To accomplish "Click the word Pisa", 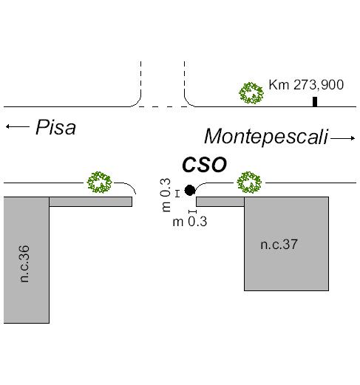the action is [x=55, y=127].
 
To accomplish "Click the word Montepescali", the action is [x=266, y=137].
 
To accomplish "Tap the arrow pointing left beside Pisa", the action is [x=18, y=126].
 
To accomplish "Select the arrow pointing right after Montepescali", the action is [x=342, y=138].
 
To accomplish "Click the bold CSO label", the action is [x=204, y=165].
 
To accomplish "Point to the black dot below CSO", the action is [x=190, y=190].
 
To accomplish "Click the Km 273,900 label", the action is [x=306, y=85].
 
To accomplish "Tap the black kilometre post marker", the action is [x=315, y=102].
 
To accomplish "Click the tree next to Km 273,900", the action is [x=251, y=93].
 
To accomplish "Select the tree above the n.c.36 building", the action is [x=100, y=183].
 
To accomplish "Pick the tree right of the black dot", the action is [x=249, y=183].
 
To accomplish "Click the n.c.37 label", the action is [x=279, y=245].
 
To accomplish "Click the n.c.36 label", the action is [x=25, y=264].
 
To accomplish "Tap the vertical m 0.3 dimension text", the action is [x=166, y=195].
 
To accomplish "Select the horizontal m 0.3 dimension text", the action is [x=190, y=222].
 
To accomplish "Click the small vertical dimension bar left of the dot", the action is [x=177, y=194].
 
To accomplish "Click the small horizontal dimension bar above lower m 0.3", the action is [x=192, y=211].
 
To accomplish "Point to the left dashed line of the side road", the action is [x=140, y=77].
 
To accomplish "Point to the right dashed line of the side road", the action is [x=184, y=77].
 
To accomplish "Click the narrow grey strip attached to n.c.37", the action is [x=220, y=202].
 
